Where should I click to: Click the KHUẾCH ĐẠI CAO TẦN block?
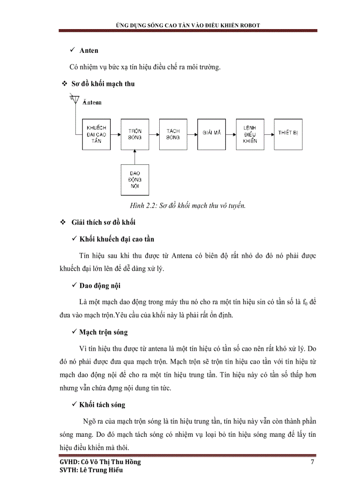tap(97, 134)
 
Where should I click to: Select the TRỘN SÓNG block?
tap(135, 134)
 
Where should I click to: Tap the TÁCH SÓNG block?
tap(173, 134)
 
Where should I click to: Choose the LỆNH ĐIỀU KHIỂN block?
tap(250, 134)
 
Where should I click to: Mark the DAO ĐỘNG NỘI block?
tap(135, 179)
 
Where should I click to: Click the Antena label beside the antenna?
tap(92, 102)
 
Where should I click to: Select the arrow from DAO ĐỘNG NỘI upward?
tap(135, 156)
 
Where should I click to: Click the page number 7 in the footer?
tap(312, 462)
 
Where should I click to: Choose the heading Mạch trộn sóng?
tap(104, 332)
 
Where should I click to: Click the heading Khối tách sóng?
tap(102, 404)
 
